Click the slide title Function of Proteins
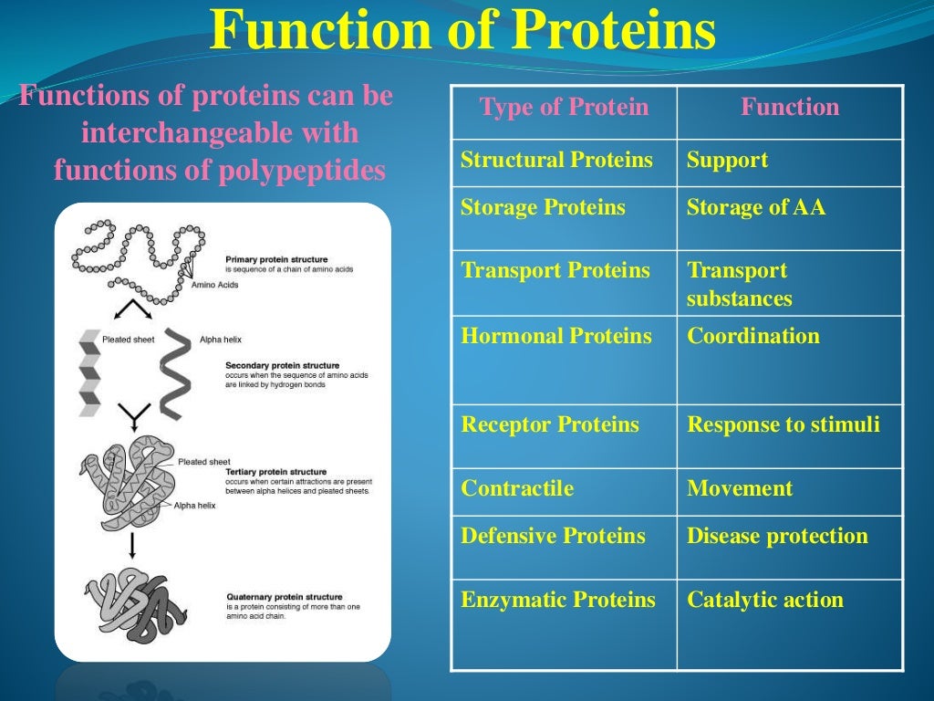[462, 31]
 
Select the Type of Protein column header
[564, 108]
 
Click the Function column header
[789, 108]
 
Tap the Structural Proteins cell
[556, 161]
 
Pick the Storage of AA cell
[755, 208]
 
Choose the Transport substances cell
[739, 284]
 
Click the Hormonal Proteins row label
[556, 336]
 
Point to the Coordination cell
[752, 336]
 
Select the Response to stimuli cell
[783, 424]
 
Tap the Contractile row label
[517, 488]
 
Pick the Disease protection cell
[777, 536]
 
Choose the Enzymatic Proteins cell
[558, 600]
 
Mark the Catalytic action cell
[764, 600]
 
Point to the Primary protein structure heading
[276, 260]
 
